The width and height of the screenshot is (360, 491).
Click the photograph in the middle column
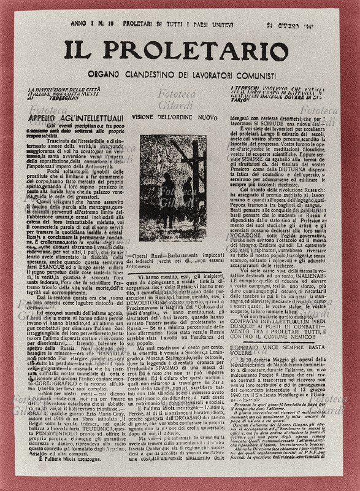174,190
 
